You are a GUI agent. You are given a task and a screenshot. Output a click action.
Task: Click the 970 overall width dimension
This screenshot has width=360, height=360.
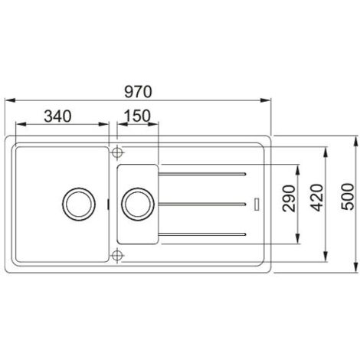coord(139,90)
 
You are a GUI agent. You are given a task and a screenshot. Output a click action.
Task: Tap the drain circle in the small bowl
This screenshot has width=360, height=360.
coord(137,204)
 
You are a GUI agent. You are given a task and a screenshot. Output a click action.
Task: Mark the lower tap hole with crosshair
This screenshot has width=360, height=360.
coord(116,254)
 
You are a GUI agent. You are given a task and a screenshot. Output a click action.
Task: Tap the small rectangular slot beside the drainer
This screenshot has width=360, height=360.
coord(257,203)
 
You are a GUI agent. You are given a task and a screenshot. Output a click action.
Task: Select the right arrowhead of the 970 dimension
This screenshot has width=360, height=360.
coord(269,99)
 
